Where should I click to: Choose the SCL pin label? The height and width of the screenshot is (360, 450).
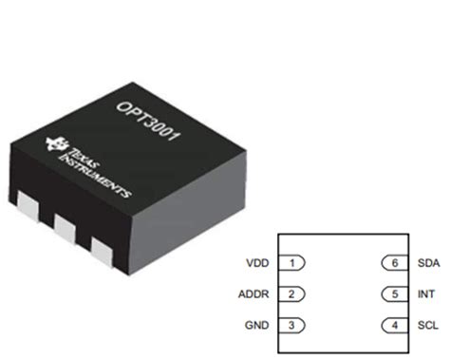pyautogui.click(x=425, y=326)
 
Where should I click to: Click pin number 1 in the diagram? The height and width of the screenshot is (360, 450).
pyautogui.click(x=294, y=263)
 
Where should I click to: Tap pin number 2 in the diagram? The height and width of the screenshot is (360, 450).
pyautogui.click(x=294, y=294)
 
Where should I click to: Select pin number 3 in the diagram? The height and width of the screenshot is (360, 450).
pyautogui.click(x=294, y=326)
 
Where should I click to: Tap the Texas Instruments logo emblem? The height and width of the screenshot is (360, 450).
pyautogui.click(x=55, y=145)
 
